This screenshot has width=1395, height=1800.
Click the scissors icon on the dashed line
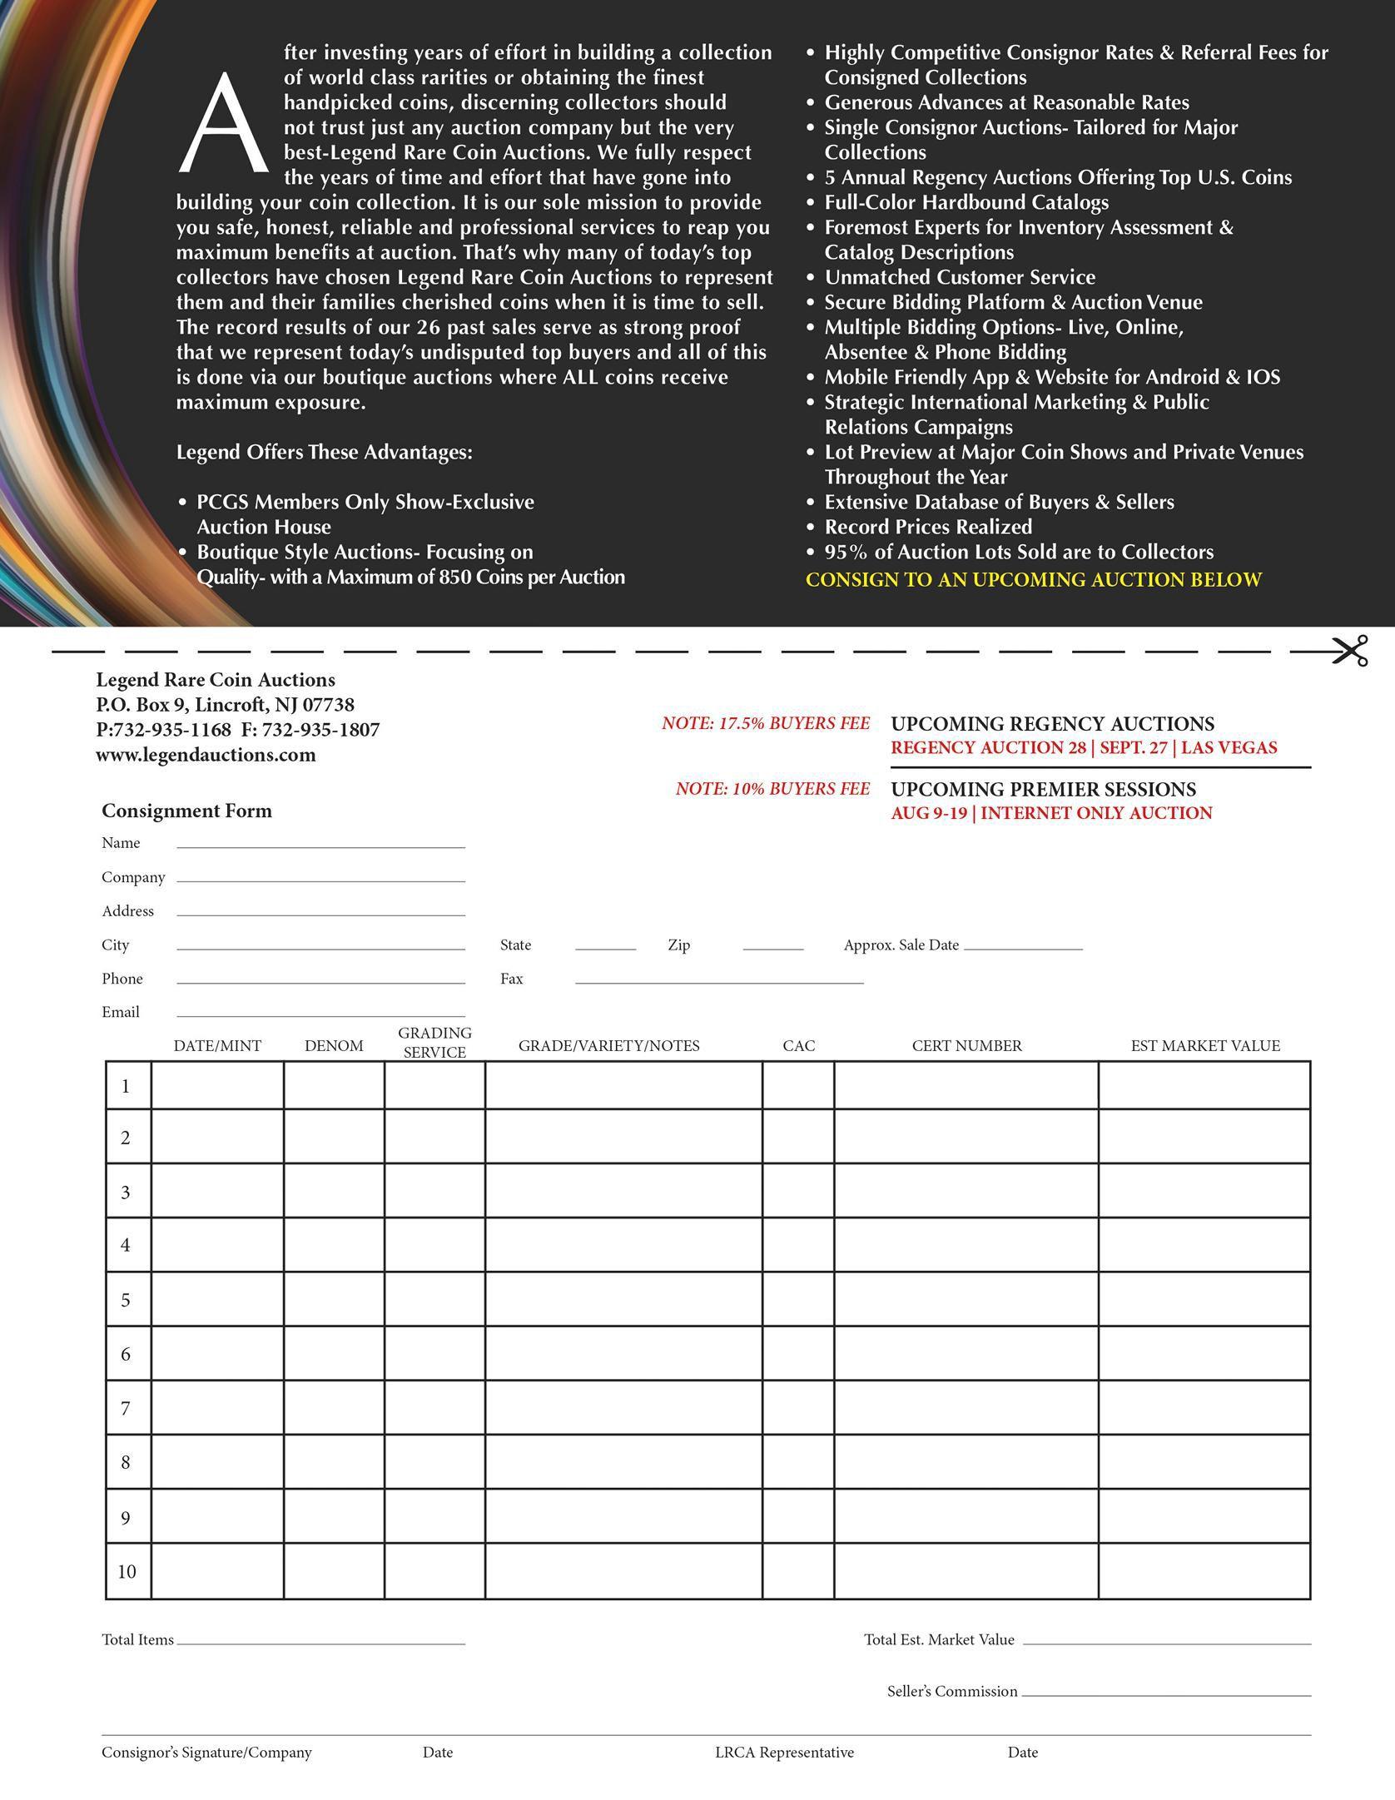coord(1349,651)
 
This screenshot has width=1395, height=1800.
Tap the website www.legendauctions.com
coord(206,755)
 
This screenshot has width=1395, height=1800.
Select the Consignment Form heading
coord(186,811)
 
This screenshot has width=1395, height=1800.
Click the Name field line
coord(320,845)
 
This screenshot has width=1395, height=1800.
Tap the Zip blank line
coord(772,947)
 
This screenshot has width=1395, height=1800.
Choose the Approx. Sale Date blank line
coord(1022,947)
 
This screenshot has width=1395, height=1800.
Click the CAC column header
coord(798,1045)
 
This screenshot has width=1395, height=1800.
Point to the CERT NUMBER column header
coord(966,1045)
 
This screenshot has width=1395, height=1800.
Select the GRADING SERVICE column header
coord(434,1043)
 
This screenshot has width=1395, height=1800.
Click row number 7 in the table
coord(126,1408)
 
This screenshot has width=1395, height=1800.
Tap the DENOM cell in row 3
coord(334,1192)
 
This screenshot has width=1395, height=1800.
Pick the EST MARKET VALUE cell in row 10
coord(1204,1571)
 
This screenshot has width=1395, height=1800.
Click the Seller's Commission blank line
coord(1165,1694)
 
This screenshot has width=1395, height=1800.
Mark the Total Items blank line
coord(320,1643)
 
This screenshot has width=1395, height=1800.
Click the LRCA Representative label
coord(784,1752)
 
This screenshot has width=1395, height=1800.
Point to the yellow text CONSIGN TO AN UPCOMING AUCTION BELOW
coord(1034,579)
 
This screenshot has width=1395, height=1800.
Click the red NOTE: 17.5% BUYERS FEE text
coord(766,723)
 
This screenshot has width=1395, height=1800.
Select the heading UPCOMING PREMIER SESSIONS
coord(1043,789)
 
